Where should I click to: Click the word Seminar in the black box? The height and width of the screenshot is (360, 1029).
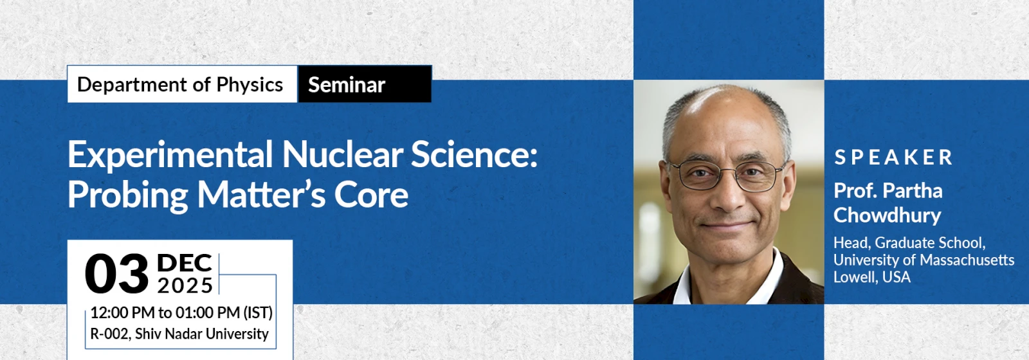pyautogui.click(x=347, y=85)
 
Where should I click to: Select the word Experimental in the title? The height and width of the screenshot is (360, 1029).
pyautogui.click(x=170, y=155)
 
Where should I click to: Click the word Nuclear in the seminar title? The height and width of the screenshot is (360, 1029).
pyautogui.click(x=343, y=155)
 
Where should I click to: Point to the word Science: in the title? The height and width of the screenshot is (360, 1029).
pyautogui.click(x=474, y=155)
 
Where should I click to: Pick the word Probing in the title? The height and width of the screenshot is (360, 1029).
pyautogui.click(x=128, y=195)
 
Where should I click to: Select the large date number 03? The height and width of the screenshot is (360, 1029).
pyautogui.click(x=116, y=274)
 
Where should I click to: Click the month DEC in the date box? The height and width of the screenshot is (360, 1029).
pyautogui.click(x=184, y=263)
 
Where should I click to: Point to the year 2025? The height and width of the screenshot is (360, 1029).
pyautogui.click(x=185, y=285)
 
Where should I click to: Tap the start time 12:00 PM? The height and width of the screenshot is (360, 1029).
pyautogui.click(x=123, y=312)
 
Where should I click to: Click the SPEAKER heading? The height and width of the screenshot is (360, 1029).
pyautogui.click(x=893, y=157)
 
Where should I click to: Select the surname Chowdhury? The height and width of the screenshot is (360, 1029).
pyautogui.click(x=887, y=215)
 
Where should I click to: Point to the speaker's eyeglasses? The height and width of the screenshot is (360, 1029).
pyautogui.click(x=726, y=175)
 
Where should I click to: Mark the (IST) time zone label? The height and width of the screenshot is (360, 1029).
pyautogui.click(x=258, y=312)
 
